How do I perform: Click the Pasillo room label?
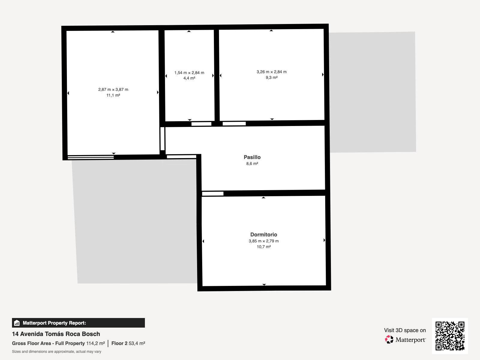pyautogui.click(x=252, y=157)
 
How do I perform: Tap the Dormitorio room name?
pyautogui.click(x=263, y=235)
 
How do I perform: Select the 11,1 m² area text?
pyautogui.click(x=113, y=95)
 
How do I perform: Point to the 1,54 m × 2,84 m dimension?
pyautogui.click(x=189, y=73)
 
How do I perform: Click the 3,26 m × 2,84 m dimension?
pyautogui.click(x=271, y=72)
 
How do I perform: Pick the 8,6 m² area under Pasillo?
pyautogui.click(x=252, y=164)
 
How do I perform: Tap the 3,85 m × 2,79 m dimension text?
pyautogui.click(x=263, y=241)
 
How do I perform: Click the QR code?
pyautogui.click(x=450, y=336)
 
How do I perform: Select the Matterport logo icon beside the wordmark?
pyautogui.click(x=389, y=340)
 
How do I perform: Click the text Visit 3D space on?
pyautogui.click(x=405, y=330)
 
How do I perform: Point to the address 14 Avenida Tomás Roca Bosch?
pyautogui.click(x=56, y=334)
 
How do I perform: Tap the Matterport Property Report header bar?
pyautogui.click(x=78, y=323)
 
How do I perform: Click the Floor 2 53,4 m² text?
pyautogui.click(x=128, y=343)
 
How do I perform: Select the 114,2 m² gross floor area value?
pyautogui.click(x=96, y=343)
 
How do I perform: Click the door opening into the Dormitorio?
pyautogui.click(x=213, y=194)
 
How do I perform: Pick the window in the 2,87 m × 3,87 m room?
pyautogui.click(x=91, y=157)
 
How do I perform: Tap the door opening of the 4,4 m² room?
pyautogui.click(x=201, y=124)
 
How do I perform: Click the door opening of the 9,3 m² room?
pyautogui.click(x=234, y=124)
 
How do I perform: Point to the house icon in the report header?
pyautogui.click(x=17, y=323)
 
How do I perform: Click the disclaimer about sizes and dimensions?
pyautogui.click(x=56, y=352)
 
